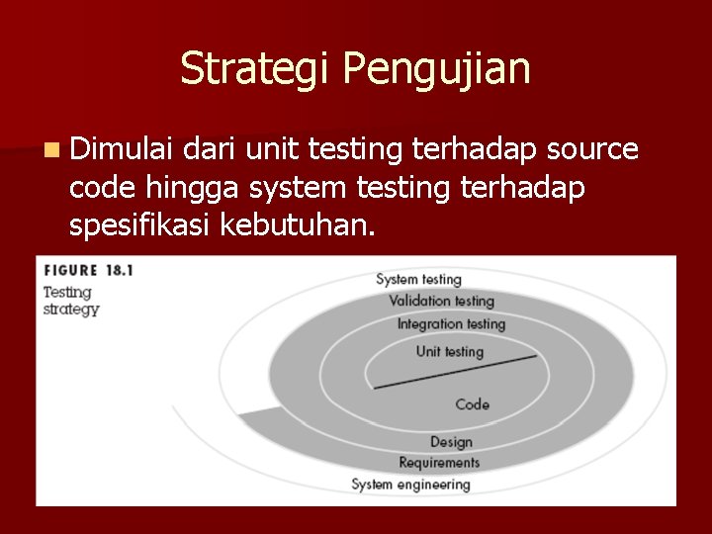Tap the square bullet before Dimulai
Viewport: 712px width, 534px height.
pos(50,150)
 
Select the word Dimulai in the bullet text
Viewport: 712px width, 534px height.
pos(123,149)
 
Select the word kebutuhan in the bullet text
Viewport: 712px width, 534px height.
pos(298,225)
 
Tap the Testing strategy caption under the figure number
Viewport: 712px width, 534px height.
pos(70,301)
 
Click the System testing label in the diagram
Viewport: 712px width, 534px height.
pos(418,280)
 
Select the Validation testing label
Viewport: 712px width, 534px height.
pos(441,301)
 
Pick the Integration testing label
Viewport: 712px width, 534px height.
pos(451,323)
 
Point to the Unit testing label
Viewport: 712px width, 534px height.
pos(450,351)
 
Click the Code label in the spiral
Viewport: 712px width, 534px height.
pos(472,403)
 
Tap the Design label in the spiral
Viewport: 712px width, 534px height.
pos(451,441)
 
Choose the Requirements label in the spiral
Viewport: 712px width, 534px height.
pos(439,462)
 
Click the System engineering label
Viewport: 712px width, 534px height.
pos(410,484)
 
